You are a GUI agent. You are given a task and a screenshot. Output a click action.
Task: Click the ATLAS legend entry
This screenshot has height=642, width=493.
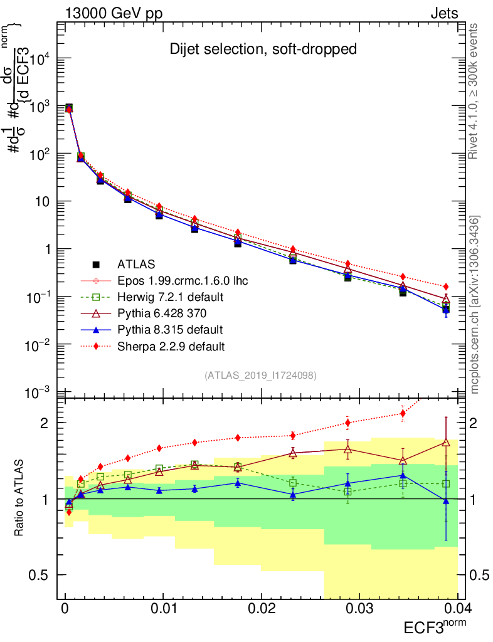[x=135, y=264]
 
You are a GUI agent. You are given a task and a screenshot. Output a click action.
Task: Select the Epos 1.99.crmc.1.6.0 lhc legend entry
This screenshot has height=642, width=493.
[x=183, y=280]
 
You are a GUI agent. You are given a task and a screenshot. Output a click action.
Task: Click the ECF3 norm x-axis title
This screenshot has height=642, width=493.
[x=433, y=628]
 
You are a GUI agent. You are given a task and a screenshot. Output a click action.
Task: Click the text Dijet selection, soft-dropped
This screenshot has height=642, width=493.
[x=263, y=49]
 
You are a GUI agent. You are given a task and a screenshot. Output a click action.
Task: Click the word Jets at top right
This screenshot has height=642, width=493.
[x=444, y=13]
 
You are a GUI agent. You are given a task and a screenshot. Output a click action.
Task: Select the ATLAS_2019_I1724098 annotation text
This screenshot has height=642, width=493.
[x=260, y=376]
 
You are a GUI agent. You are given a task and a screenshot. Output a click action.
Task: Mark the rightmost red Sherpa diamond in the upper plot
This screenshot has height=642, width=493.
[x=446, y=287]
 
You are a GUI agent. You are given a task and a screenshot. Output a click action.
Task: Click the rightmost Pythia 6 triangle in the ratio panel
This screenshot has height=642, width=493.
[x=446, y=443]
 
